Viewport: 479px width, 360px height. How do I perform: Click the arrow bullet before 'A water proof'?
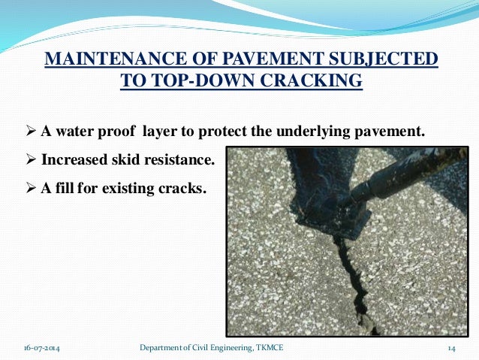pyautogui.click(x=32, y=133)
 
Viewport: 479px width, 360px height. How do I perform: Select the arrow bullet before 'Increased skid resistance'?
pyautogui.click(x=32, y=160)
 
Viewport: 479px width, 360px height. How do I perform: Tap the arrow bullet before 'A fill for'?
pyautogui.click(x=32, y=187)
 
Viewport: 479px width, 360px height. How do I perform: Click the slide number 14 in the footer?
pyautogui.click(x=452, y=347)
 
